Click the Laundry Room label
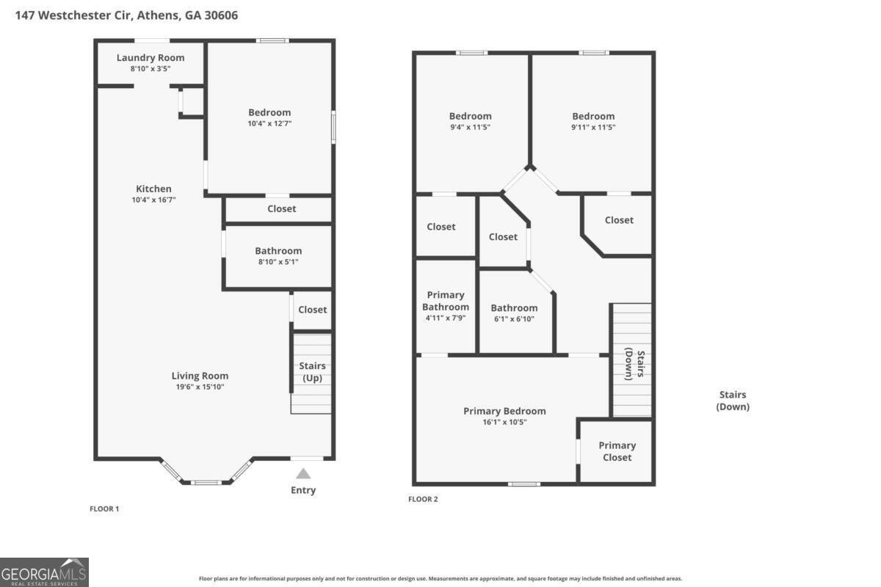pos(151,58)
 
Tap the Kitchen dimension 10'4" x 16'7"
pos(153,200)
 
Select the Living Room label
pos(200,376)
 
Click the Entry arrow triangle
pos(303,474)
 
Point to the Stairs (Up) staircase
pos(312,373)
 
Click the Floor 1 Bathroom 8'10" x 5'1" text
pos(278,261)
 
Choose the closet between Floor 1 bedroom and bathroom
pos(281,209)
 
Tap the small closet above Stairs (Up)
pos(313,310)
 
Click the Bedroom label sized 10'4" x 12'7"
pos(269,112)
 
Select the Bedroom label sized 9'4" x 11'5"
pos(471,116)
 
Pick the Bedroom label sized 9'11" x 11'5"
pos(593,116)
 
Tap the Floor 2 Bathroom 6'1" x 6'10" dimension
pos(514,318)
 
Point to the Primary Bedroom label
pos(504,411)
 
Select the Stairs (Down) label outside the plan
pos(733,401)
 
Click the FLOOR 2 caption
pos(423,500)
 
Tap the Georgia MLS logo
pos(44,572)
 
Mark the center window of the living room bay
pos(206,482)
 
